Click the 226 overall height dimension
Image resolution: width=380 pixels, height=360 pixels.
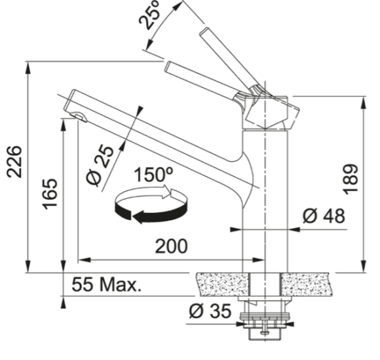tap(14, 162)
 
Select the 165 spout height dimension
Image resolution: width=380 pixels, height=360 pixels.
tap(50, 194)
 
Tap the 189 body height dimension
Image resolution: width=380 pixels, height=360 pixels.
tap(351, 179)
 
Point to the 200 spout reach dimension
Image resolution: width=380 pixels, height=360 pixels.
tap(172, 246)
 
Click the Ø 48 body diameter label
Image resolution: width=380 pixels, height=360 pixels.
tap(324, 216)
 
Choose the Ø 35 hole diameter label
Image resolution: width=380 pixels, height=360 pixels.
tap(210, 311)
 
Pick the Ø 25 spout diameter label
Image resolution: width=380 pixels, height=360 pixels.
tap(100, 166)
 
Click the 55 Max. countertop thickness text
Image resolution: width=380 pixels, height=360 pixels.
tap(106, 284)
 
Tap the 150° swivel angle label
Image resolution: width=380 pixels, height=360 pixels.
tap(153, 175)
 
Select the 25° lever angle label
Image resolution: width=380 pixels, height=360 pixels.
tap(150, 14)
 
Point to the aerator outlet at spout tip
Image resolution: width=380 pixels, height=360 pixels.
tap(79, 117)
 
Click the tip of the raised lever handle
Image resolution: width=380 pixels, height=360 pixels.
tap(204, 32)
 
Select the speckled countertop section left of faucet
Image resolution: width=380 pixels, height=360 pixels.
tap(223, 284)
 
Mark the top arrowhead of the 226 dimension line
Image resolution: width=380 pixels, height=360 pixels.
tap(28, 67)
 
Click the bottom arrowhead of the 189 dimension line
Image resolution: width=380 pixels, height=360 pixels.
tap(363, 266)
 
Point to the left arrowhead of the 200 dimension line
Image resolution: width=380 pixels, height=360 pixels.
tap(85, 260)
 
